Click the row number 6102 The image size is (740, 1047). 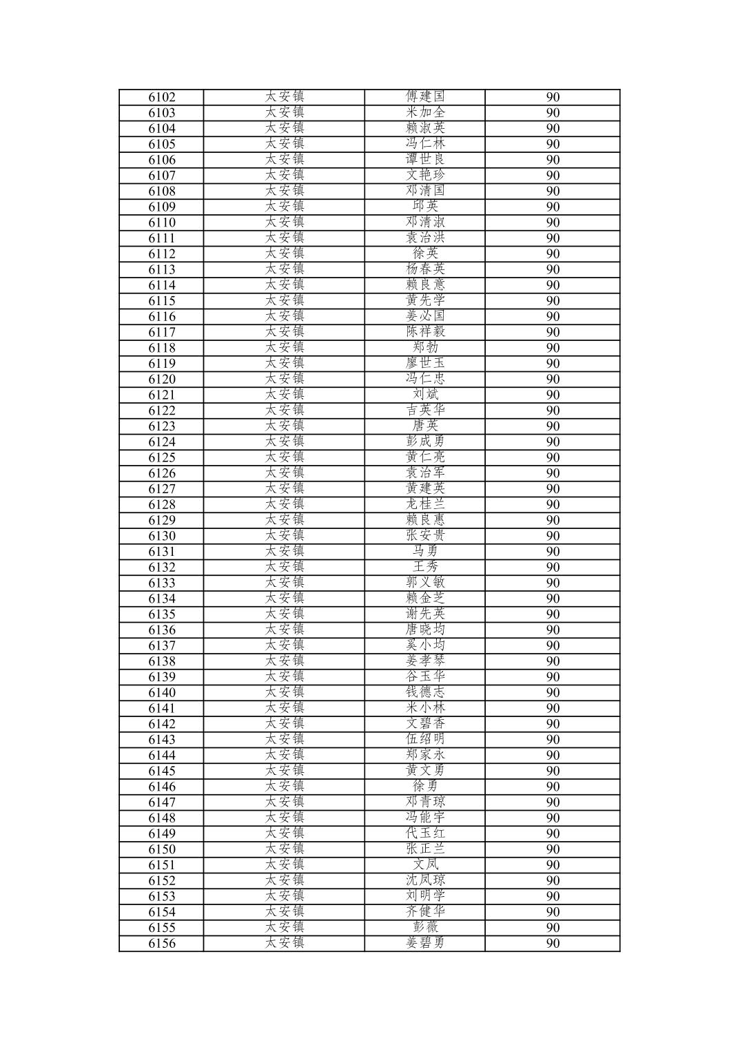(x=161, y=97)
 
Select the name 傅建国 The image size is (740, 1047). (x=425, y=96)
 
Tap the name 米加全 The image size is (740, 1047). (x=425, y=112)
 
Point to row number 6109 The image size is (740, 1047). (x=161, y=207)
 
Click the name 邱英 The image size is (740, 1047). (x=425, y=206)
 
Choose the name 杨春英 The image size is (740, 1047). (x=425, y=269)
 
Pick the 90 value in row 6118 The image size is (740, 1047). (x=553, y=348)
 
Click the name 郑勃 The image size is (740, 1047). (x=425, y=347)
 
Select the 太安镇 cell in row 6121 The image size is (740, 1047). (x=284, y=394)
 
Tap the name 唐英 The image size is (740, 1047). (x=425, y=426)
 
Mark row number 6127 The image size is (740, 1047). (x=161, y=489)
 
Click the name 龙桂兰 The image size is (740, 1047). (x=425, y=504)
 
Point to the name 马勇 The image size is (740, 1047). (x=425, y=551)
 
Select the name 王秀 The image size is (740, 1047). (x=425, y=567)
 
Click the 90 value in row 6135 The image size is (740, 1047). (x=553, y=614)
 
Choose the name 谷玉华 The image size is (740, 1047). (x=425, y=676)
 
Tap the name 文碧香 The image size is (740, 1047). (x=425, y=723)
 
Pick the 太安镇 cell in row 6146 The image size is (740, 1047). (x=284, y=786)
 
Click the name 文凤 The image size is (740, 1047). (x=425, y=864)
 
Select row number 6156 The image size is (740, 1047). (x=161, y=944)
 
